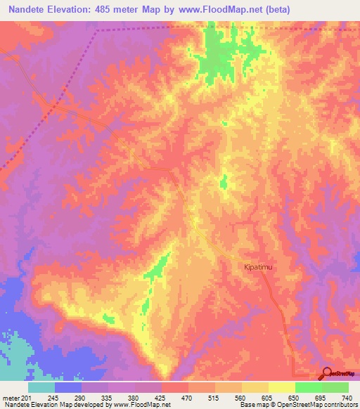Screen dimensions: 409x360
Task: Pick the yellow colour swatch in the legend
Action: (281, 387)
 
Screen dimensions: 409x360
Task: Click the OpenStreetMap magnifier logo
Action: (326, 375)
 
